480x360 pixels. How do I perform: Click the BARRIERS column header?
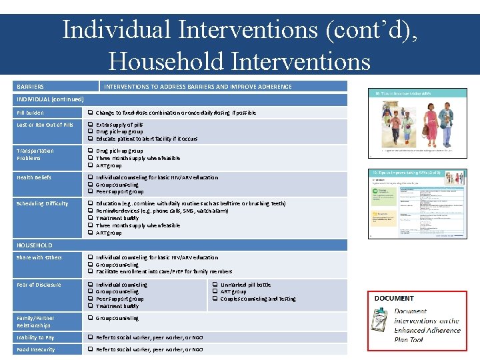coord(31,87)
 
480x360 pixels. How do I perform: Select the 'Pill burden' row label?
coord(30,113)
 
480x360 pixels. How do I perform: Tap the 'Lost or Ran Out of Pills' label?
coord(45,125)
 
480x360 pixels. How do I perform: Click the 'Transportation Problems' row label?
coord(35,155)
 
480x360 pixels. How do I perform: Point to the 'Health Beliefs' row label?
coord(33,177)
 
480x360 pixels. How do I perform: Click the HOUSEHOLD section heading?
coord(34,245)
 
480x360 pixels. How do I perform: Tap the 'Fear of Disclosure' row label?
coord(39,285)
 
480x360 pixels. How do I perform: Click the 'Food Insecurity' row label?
coord(36,349)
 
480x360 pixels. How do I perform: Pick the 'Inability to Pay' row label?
coord(36,337)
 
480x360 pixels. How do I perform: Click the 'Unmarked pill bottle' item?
coord(245,285)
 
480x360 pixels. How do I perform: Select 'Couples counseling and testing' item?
coord(258,299)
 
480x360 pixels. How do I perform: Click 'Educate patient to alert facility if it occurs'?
coord(147,139)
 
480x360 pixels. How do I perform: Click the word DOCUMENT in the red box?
coord(394,299)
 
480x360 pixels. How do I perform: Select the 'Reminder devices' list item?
coord(162,211)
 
